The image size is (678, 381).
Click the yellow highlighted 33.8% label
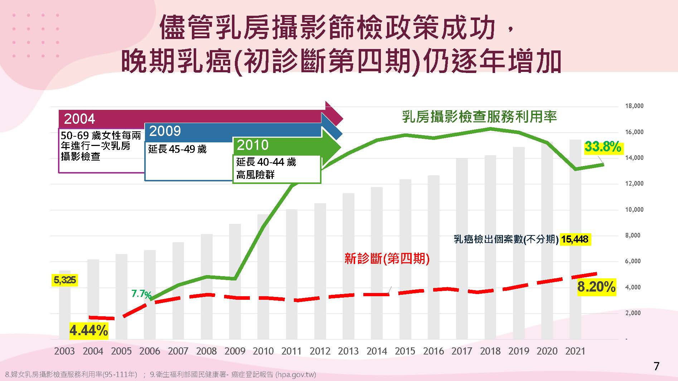coord(603,147)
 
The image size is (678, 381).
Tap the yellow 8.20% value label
coord(596,287)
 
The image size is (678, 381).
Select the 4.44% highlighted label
coord(89,331)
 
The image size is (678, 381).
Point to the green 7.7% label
coord(141,294)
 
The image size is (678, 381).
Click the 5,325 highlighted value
coord(64,280)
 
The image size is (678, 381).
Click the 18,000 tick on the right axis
coord(634,106)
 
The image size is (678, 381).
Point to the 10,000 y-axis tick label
coord(634,210)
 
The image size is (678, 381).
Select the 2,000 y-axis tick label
coord(633,313)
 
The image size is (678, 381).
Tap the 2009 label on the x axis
coord(235,351)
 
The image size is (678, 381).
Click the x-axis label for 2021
coord(575,351)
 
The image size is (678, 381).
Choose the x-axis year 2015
coord(405,351)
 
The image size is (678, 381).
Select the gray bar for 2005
coord(121,297)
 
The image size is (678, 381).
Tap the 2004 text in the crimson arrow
coord(79,119)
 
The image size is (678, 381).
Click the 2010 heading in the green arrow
coord(253,145)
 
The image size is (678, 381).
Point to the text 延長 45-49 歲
coord(178,149)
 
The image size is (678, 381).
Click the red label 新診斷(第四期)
coord(387,258)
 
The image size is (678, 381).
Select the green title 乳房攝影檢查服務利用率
coord(479,117)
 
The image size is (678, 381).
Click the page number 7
coord(656,366)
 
